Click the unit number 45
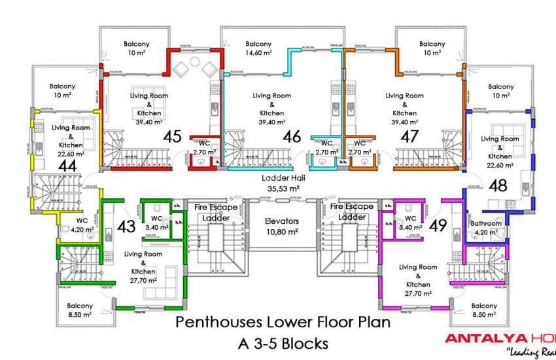(173, 137)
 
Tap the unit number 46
(291, 137)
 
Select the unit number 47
(409, 137)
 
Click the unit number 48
(498, 185)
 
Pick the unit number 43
(126, 226)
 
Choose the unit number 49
(438, 226)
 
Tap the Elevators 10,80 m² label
(281, 226)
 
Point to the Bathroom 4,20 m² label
(487, 227)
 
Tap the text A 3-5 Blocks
(283, 342)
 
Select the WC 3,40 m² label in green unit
(157, 223)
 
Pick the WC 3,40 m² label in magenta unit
(410, 223)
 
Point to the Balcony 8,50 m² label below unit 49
(484, 310)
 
